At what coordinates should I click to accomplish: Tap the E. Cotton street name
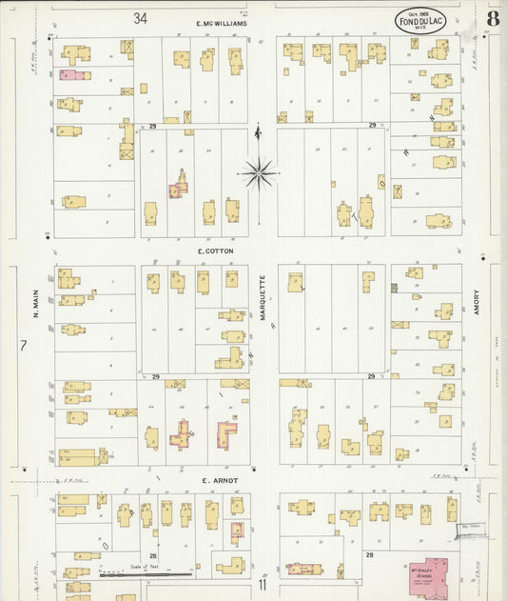pyautogui.click(x=215, y=250)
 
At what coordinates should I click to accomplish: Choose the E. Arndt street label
pyautogui.click(x=219, y=481)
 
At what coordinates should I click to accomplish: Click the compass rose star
pyautogui.click(x=259, y=173)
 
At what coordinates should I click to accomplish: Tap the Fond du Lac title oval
pyautogui.click(x=420, y=20)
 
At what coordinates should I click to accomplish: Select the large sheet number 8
pyautogui.click(x=493, y=19)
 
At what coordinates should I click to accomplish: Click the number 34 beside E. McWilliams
pyautogui.click(x=141, y=18)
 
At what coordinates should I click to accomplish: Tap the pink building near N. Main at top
pyautogui.click(x=74, y=74)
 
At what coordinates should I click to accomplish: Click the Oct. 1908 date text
pyautogui.click(x=420, y=14)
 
